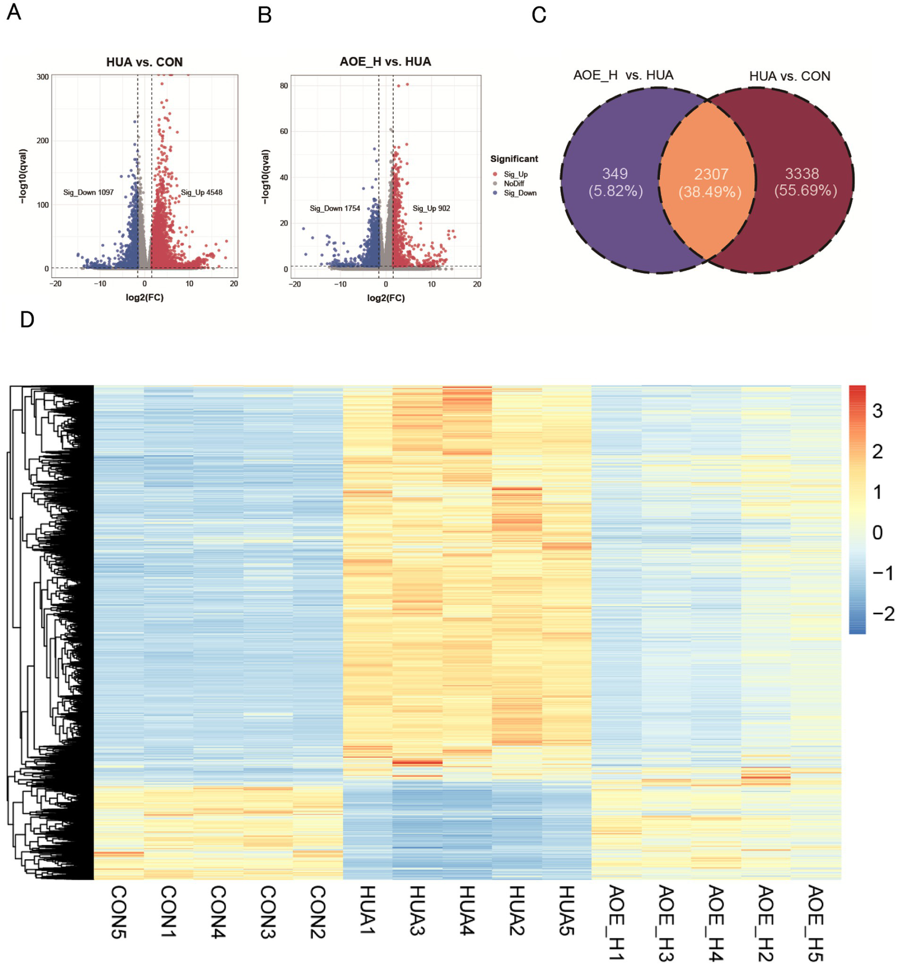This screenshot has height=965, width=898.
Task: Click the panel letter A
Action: (x=13, y=11)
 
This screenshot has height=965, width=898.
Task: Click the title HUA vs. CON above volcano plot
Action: (x=144, y=62)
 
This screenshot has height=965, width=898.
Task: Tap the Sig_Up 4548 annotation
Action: (x=201, y=192)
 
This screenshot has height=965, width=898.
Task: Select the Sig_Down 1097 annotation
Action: (x=88, y=192)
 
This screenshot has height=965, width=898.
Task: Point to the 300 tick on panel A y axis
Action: (x=42, y=77)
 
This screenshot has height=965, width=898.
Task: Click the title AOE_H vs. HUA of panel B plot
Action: (x=385, y=62)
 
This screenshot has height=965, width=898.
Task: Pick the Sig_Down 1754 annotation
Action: (x=335, y=208)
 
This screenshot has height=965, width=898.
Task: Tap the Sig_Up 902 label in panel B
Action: (x=431, y=208)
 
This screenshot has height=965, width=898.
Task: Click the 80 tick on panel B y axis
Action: (x=284, y=85)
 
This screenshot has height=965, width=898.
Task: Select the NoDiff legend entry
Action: (x=514, y=184)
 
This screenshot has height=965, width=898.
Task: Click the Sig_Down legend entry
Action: (x=519, y=193)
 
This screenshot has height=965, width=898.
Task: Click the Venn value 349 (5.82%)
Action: (x=615, y=182)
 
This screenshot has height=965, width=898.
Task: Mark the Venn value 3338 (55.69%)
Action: (x=805, y=182)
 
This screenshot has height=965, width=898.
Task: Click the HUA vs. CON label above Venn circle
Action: (x=789, y=76)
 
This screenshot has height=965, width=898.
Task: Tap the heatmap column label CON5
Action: (x=119, y=912)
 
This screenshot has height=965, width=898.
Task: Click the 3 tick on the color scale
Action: (x=877, y=411)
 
